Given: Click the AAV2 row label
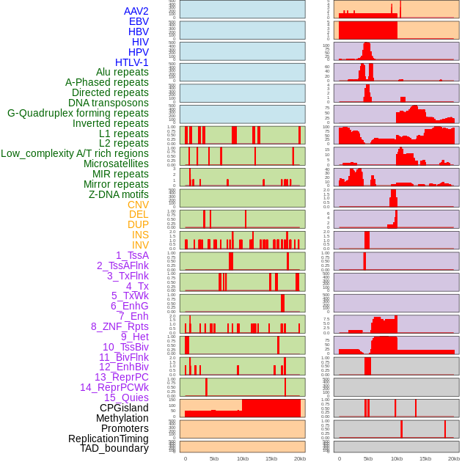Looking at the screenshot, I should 136,11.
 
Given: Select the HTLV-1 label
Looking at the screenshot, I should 132,62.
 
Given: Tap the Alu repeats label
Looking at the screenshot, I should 122,73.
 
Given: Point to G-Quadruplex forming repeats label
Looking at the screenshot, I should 78,113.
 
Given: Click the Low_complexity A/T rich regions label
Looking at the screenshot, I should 75,153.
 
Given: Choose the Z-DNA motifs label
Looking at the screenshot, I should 119,194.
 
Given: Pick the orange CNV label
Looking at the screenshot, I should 138,205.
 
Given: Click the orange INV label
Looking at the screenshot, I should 140,245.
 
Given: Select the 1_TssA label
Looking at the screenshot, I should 132,255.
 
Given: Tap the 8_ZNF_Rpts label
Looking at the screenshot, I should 120,326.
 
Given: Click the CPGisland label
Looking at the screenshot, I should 124,408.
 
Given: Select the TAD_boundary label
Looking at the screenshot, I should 114,448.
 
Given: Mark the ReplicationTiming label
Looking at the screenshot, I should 109,439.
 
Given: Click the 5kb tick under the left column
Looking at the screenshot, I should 214,458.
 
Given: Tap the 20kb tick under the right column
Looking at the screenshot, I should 454,458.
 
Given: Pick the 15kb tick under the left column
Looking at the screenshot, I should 271,458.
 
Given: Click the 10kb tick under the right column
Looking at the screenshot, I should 397,458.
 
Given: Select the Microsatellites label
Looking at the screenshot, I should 116,164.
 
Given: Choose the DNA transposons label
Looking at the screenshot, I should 109,103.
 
